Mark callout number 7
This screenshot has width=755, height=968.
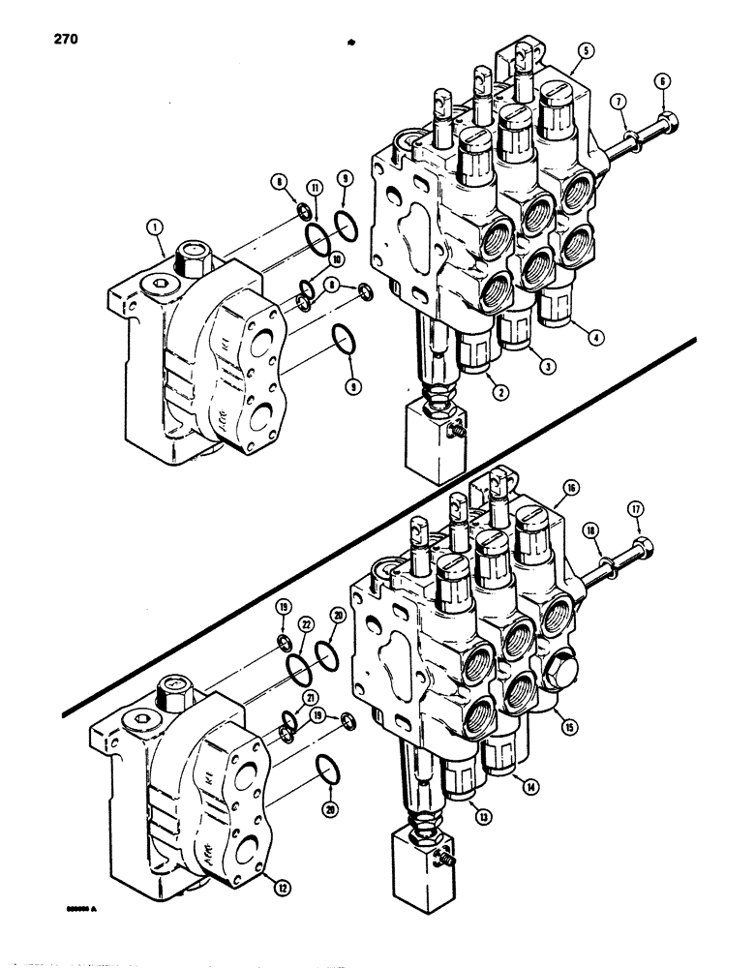coord(619,102)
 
